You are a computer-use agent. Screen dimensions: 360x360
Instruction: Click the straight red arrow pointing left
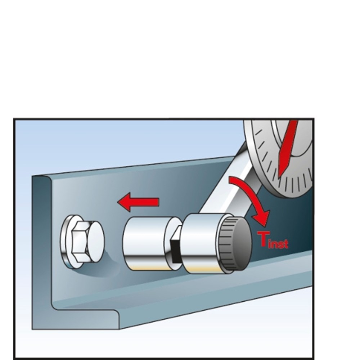pyautogui.click(x=138, y=202)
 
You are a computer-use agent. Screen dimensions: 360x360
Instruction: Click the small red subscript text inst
pyautogui.click(x=278, y=244)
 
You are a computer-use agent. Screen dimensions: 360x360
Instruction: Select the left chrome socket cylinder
pyautogui.click(x=147, y=244)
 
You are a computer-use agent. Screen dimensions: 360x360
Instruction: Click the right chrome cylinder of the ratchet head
pyautogui.click(x=202, y=244)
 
